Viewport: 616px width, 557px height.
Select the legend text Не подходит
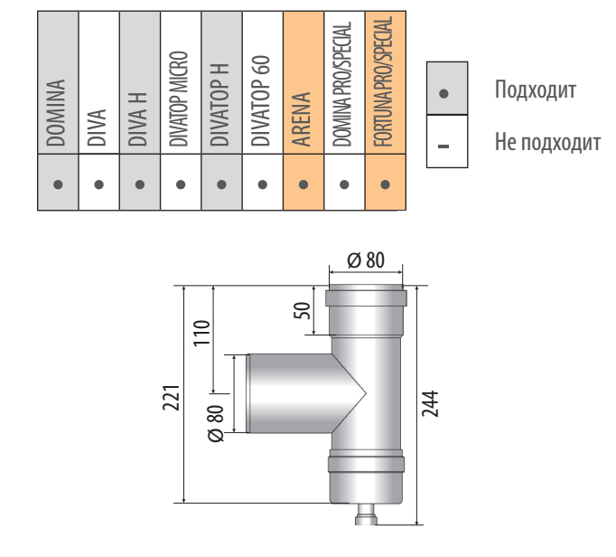547,142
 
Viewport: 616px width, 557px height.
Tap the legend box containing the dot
446,90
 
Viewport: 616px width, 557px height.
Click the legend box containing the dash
446,141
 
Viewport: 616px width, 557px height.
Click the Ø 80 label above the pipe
366,260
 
